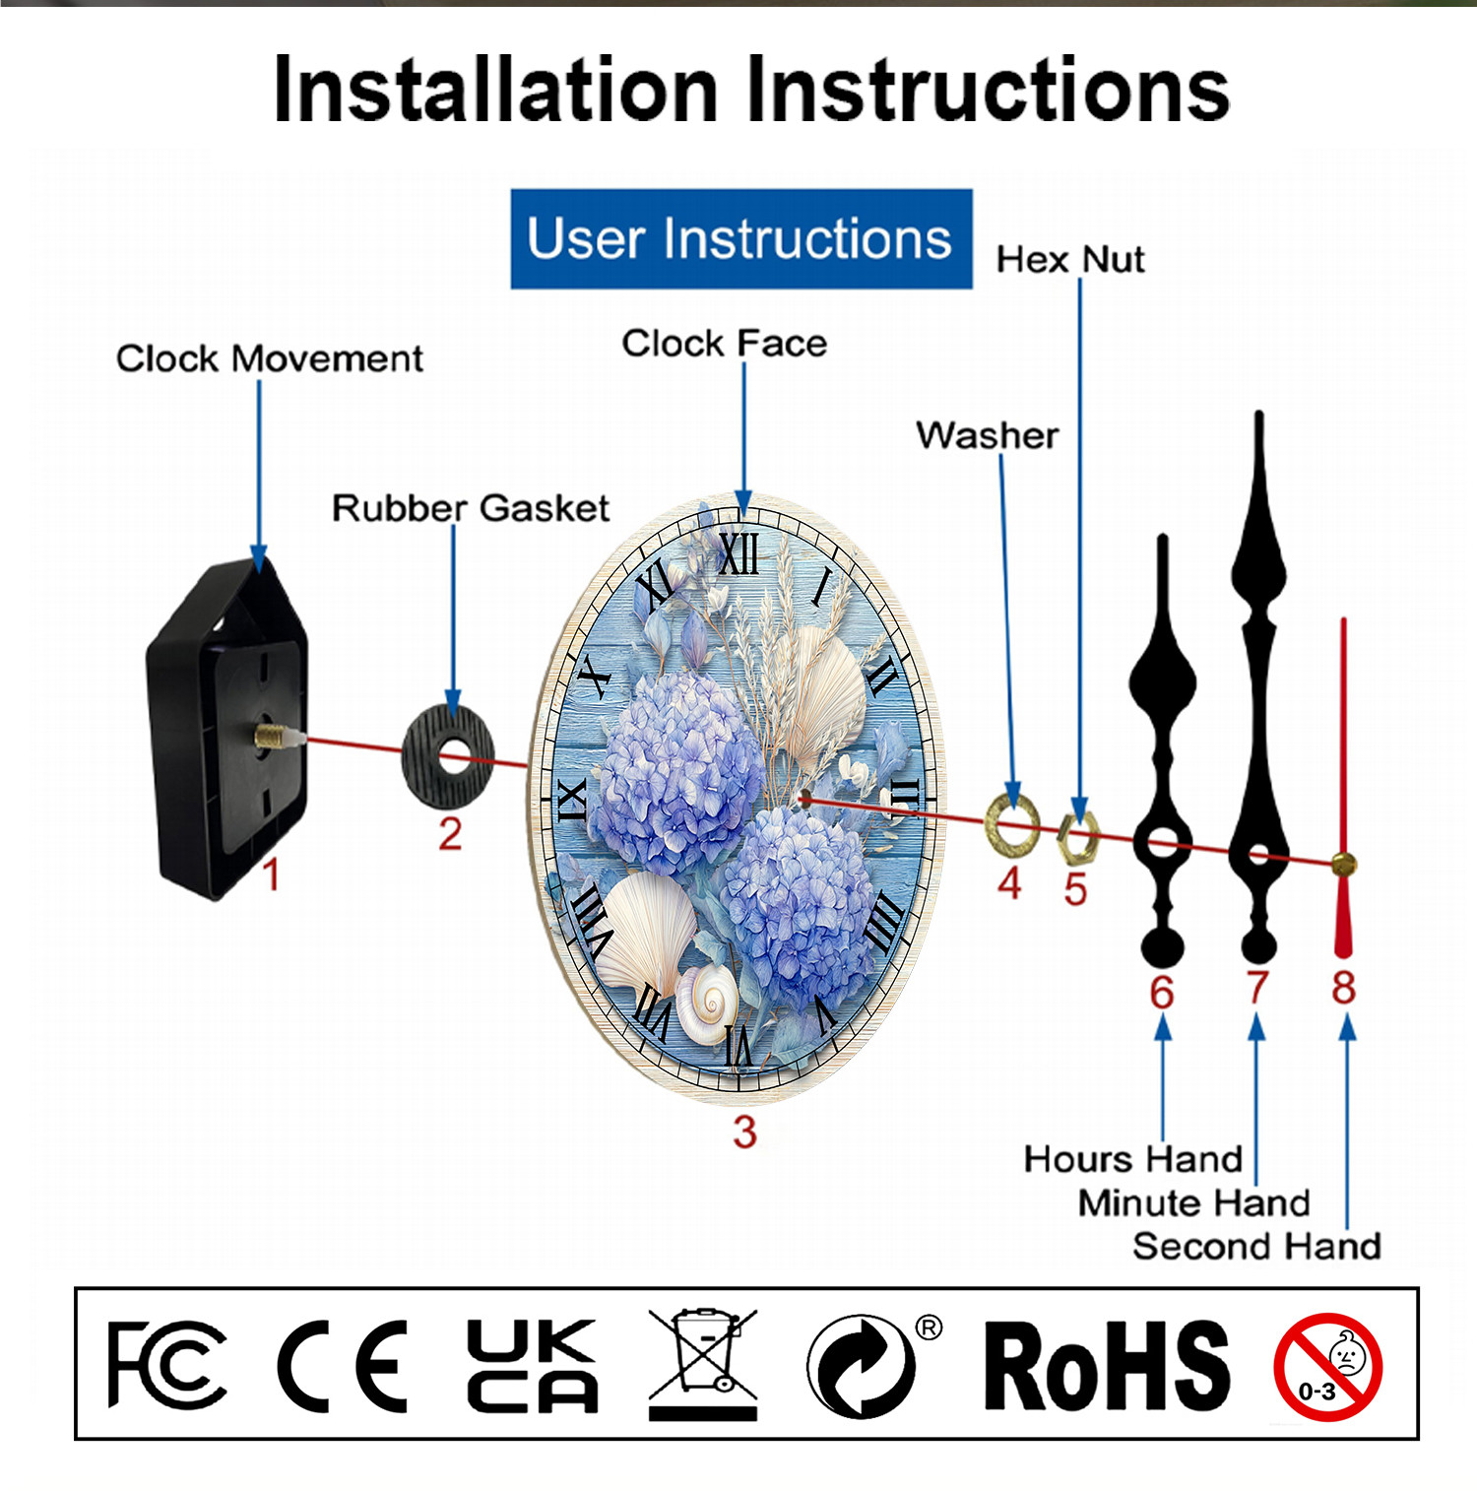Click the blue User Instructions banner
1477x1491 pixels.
(741, 239)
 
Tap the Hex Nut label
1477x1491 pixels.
(1070, 260)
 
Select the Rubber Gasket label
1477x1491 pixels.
(471, 508)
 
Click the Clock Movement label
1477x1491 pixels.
(270, 358)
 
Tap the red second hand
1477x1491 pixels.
(1343, 788)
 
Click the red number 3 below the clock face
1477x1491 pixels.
(744, 1132)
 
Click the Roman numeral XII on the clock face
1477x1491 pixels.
(738, 554)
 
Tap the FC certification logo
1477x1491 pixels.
(166, 1365)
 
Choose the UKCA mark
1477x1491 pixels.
(532, 1365)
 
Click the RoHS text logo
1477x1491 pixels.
(1107, 1366)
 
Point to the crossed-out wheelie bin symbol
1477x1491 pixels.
(703, 1363)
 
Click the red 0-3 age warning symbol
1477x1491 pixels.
(1327, 1367)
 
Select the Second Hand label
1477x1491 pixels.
(1256, 1247)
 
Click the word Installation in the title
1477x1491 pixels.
(496, 91)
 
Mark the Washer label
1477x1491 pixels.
(988, 435)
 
